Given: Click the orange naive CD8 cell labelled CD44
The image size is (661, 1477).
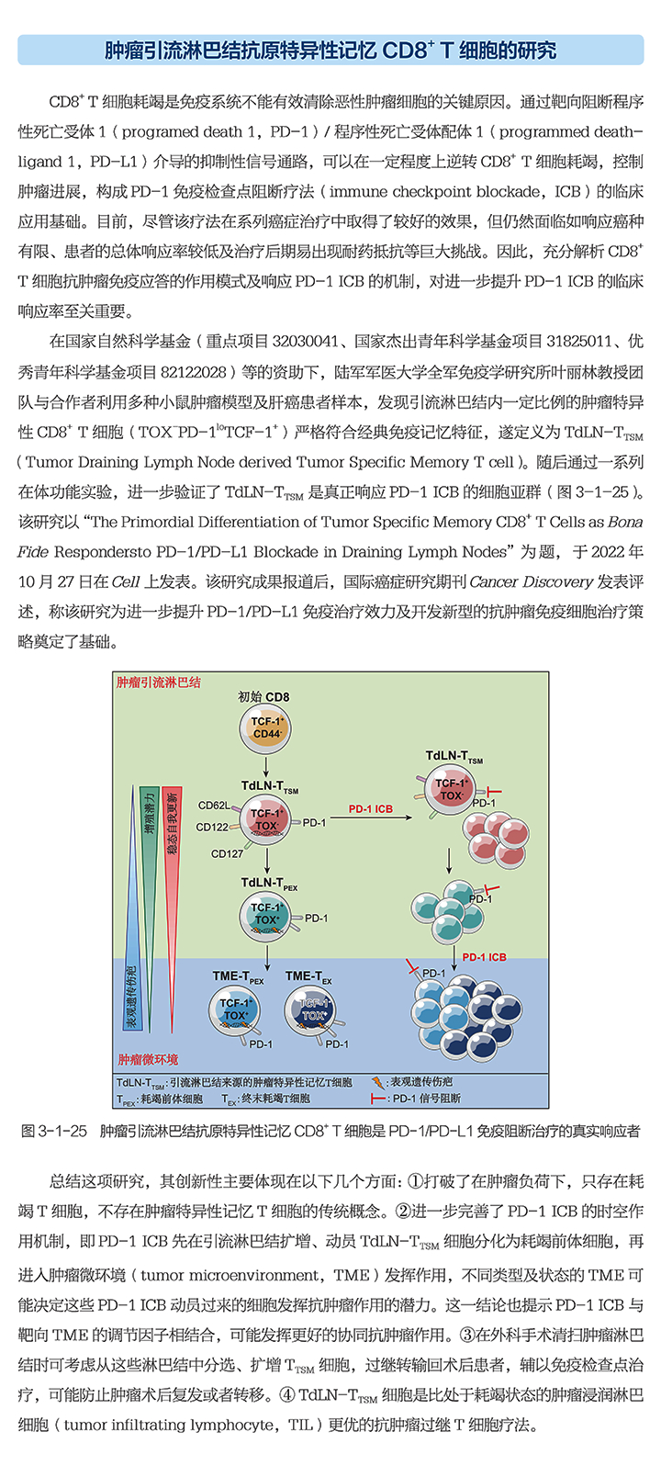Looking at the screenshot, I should pyautogui.click(x=265, y=727).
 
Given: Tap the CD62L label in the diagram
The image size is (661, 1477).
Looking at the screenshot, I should pyautogui.click(x=214, y=806).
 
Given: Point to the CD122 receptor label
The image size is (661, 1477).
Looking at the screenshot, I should pyautogui.click(x=212, y=827).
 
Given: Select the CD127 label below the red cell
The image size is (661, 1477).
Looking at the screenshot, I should pyautogui.click(x=227, y=853).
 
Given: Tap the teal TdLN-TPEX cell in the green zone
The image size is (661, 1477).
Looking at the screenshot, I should pyautogui.click(x=266, y=914).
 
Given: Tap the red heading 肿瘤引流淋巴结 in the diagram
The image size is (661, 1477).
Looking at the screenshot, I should pyautogui.click(x=158, y=682).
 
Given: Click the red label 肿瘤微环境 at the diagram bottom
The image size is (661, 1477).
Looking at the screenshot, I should pyautogui.click(x=148, y=1059).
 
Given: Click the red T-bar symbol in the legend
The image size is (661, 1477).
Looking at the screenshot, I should pyautogui.click(x=377, y=1099).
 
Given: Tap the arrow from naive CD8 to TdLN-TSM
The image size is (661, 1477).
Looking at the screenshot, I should pyautogui.click(x=265, y=764).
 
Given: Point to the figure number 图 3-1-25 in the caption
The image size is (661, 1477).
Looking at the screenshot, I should pyautogui.click(x=54, y=1131).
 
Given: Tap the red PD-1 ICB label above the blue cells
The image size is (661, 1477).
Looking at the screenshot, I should pyautogui.click(x=484, y=957).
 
